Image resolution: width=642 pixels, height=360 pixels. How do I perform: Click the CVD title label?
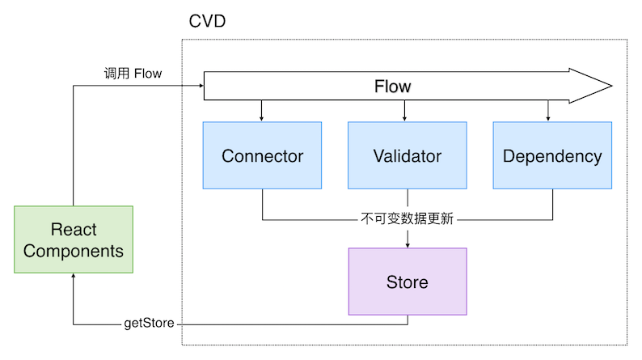pyautogui.click(x=206, y=21)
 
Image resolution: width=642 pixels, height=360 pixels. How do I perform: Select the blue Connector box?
pyautogui.click(x=262, y=155)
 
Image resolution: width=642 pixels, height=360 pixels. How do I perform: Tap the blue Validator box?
pyautogui.click(x=407, y=155)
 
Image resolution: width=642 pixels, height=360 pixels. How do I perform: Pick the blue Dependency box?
pyautogui.click(x=552, y=155)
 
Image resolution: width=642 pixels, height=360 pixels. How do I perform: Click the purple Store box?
pyautogui.click(x=407, y=282)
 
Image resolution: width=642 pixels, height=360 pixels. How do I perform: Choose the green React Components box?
pyautogui.click(x=74, y=239)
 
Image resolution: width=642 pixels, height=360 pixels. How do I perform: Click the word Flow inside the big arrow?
pyautogui.click(x=392, y=86)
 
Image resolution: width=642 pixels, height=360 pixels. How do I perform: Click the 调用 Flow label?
pyautogui.click(x=133, y=74)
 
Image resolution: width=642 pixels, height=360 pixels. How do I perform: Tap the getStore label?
pyautogui.click(x=150, y=324)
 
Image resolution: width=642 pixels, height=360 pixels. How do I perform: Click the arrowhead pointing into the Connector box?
pyautogui.click(x=262, y=118)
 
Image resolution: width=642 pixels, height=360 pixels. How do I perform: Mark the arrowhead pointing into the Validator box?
pyautogui.click(x=407, y=118)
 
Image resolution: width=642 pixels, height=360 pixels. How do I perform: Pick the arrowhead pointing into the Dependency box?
pyautogui.click(x=549, y=118)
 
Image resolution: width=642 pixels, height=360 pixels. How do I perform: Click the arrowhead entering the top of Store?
pyautogui.click(x=407, y=244)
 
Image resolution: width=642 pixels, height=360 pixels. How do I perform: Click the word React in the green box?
pyautogui.click(x=74, y=229)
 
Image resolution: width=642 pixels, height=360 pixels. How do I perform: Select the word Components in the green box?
pyautogui.click(x=74, y=251)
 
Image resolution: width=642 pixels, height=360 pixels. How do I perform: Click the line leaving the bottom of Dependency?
pyautogui.click(x=552, y=204)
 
